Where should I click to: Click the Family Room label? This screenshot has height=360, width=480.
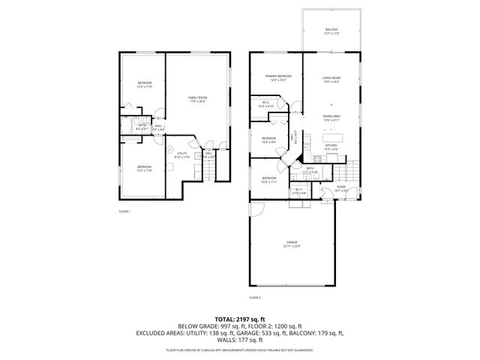pos(198,100)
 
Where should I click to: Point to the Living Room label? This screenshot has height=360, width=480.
pos(332,78)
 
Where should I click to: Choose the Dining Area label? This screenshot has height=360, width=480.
pos(332,118)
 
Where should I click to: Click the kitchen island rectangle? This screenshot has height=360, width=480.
pos(332,137)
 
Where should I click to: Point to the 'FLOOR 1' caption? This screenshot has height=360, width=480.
pos(124,212)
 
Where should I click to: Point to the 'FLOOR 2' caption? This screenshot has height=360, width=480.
pos(254,298)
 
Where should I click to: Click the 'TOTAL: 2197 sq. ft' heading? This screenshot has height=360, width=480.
pos(240,319)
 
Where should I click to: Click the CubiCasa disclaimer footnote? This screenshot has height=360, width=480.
pos(240,350)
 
